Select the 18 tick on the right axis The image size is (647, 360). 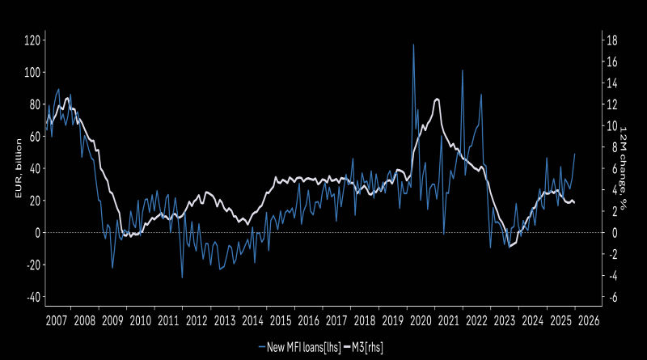pos(613,40)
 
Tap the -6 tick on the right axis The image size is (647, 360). pos(613,297)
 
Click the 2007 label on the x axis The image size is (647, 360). pos(57,320)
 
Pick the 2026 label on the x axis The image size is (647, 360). pos(588,320)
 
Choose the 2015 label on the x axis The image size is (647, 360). pos(281,320)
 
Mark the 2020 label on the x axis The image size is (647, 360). pos(421,320)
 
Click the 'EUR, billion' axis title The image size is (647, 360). pos(14,167)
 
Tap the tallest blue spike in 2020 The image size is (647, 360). pos(413,45)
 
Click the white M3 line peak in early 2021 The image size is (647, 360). pos(438,99)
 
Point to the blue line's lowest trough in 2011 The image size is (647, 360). pos(182,277)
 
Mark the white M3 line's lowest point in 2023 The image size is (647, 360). pos(510,246)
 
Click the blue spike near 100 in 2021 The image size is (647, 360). pos(463,70)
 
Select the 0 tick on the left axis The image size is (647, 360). pos(36,233)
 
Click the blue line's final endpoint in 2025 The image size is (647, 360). pos(575,154)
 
